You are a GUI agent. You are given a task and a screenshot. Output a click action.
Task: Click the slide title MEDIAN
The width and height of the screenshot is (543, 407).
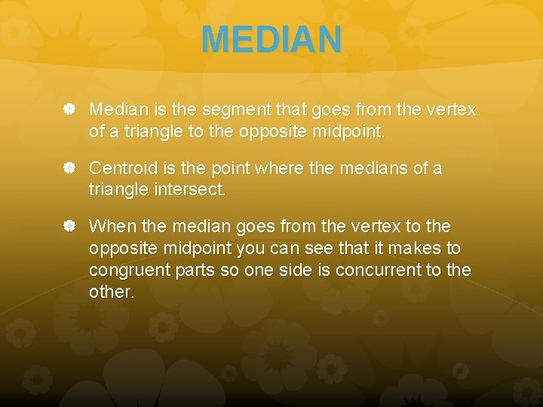click(x=271, y=39)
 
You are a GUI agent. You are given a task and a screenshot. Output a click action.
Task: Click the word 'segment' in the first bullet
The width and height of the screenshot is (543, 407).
click(x=220, y=110)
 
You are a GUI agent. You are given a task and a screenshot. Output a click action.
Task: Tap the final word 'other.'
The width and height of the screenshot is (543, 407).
click(x=112, y=292)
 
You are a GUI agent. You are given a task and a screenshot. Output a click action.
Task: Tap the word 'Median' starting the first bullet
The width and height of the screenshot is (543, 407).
click(x=114, y=110)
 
